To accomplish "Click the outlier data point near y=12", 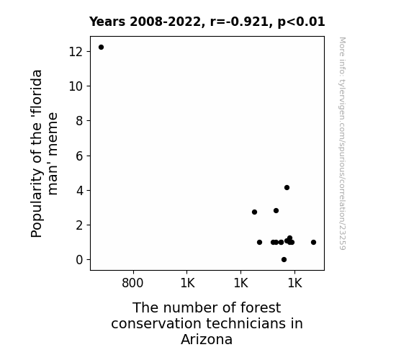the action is click(x=101, y=48).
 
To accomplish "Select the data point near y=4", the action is click(x=287, y=187).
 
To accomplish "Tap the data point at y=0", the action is click(x=284, y=260).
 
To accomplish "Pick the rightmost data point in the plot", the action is click(x=313, y=242).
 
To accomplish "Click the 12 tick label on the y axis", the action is click(x=76, y=52).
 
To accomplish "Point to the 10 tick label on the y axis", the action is click(x=76, y=86).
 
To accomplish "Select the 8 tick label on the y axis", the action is click(x=79, y=121).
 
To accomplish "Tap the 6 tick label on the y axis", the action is click(x=79, y=156).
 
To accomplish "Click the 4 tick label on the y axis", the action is click(x=79, y=190).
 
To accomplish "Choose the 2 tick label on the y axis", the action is click(x=79, y=225).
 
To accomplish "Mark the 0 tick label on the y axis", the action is click(x=79, y=260).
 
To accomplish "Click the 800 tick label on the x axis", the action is click(x=132, y=283).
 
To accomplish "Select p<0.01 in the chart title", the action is click(x=301, y=22).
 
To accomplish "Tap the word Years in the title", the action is click(x=107, y=22).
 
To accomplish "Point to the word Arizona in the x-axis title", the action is click(x=207, y=339).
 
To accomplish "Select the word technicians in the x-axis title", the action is click(x=246, y=323).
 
